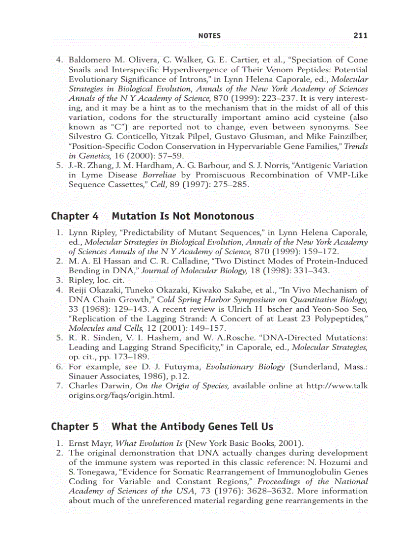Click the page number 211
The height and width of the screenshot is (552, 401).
[360, 35]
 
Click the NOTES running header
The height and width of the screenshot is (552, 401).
[209, 35]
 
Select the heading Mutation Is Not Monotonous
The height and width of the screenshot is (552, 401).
[183, 216]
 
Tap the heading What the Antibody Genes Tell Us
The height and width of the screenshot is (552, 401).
[192, 427]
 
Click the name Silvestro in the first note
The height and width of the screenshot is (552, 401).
[86, 137]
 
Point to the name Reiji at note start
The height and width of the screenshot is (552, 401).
[78, 290]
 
